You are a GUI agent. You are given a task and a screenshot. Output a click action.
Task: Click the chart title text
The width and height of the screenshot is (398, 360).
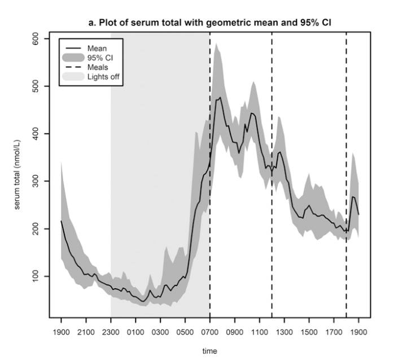209,22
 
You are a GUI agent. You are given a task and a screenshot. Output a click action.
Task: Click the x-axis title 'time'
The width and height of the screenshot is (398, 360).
209,351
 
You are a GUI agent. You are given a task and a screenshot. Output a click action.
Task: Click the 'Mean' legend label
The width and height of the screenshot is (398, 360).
97,49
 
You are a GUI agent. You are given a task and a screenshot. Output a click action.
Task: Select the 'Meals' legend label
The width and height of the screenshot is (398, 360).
98,67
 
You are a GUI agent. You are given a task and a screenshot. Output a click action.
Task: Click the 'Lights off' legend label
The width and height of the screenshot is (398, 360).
102,76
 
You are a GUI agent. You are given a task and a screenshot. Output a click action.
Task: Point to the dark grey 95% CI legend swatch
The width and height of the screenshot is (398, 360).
73,58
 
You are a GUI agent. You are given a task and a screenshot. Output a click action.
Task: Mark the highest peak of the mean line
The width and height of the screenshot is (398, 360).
220,97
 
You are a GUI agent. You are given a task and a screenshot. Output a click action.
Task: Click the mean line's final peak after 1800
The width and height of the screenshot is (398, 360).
353,197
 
